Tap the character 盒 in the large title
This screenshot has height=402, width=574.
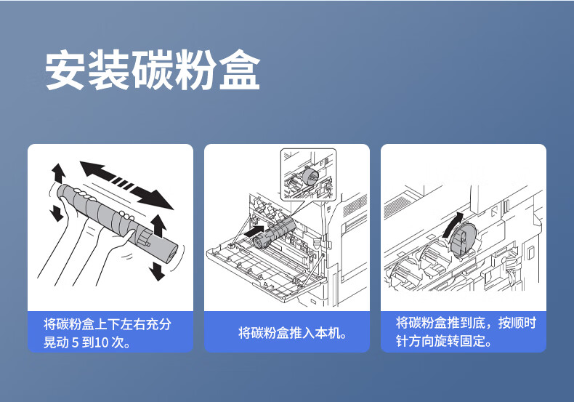[x=240, y=70]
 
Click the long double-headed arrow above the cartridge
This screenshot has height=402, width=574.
[x=126, y=185]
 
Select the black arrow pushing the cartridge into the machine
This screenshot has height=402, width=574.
[x=254, y=231]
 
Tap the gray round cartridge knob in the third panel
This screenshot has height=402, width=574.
[x=463, y=240]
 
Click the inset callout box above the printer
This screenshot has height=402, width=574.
[x=308, y=174]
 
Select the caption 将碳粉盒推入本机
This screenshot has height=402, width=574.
[x=292, y=333]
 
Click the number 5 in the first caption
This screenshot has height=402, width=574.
[x=75, y=342]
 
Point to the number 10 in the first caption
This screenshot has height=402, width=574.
[x=102, y=342]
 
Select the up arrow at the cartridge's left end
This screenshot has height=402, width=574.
[x=58, y=173]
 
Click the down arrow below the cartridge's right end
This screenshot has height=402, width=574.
[x=158, y=271]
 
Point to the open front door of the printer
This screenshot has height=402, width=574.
[x=264, y=265]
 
